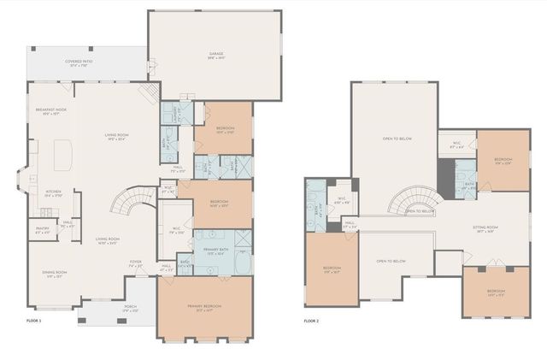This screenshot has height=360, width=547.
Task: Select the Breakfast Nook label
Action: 50,111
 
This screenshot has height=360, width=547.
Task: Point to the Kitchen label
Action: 53,192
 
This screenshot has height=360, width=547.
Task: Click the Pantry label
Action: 41,229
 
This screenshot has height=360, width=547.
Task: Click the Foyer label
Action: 136,263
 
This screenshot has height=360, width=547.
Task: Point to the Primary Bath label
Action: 215,251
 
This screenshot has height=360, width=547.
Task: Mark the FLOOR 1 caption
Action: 34,320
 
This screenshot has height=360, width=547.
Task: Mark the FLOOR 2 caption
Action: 311,321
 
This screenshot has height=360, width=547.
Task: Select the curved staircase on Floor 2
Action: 409,203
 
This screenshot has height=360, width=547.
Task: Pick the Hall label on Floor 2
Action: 350,224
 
